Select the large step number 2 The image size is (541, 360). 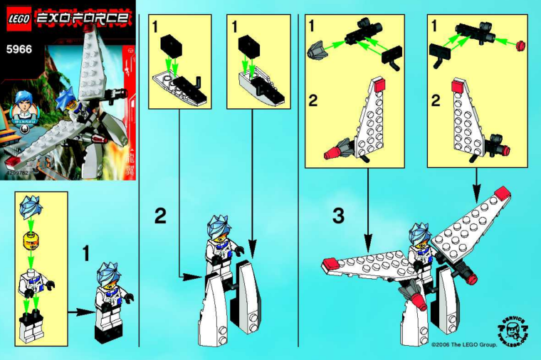coord(161,215)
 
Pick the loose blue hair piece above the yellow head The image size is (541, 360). coord(31,207)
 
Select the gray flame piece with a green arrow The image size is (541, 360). coord(317,51)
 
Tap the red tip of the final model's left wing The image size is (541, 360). coord(330,265)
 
